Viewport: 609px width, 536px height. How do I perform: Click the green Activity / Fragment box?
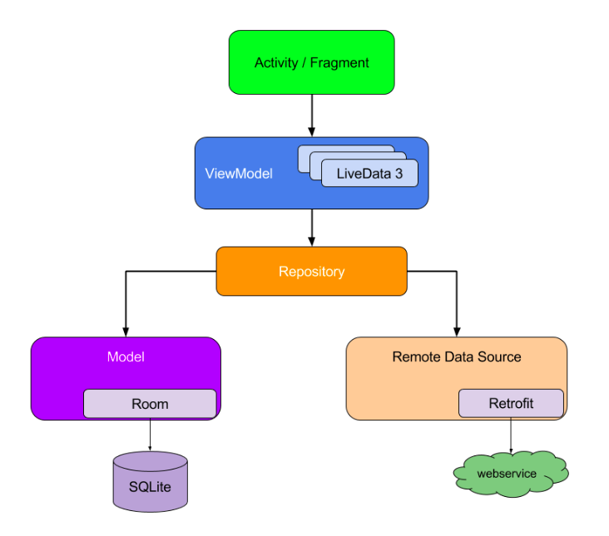(x=311, y=62)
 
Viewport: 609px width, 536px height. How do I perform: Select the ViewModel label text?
(x=239, y=174)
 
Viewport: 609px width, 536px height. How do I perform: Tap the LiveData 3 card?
(x=369, y=174)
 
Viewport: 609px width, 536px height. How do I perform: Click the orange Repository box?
(x=311, y=271)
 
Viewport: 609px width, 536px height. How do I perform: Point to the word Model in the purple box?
(x=126, y=357)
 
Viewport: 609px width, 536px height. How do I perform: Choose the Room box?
(x=150, y=404)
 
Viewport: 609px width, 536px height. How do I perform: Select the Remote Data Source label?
(x=457, y=357)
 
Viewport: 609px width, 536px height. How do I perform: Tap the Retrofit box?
(x=511, y=404)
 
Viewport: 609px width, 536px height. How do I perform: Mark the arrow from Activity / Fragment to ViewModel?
(x=312, y=116)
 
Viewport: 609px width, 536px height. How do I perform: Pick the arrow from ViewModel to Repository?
(x=312, y=227)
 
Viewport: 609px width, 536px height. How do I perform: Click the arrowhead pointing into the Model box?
(x=126, y=331)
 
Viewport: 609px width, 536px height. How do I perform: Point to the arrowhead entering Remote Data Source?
(x=457, y=331)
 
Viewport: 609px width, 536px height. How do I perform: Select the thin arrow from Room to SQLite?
(x=150, y=435)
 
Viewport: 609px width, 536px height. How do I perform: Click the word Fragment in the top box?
(x=339, y=63)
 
